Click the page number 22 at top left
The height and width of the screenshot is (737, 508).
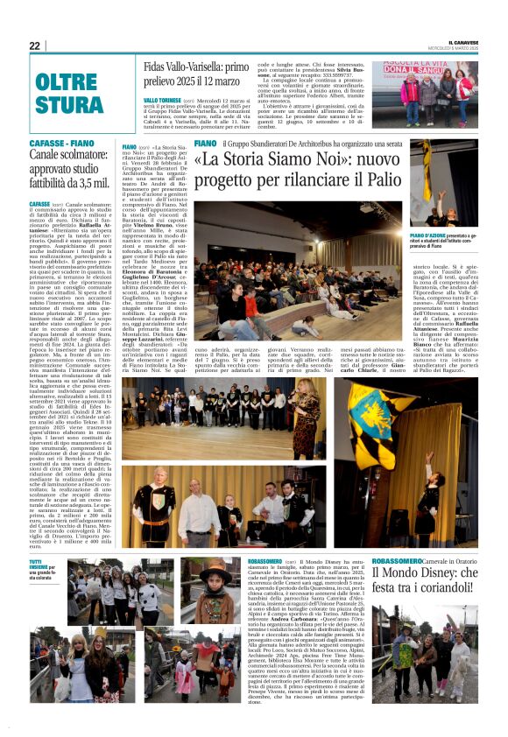35,46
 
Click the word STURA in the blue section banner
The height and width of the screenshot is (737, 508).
63,107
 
